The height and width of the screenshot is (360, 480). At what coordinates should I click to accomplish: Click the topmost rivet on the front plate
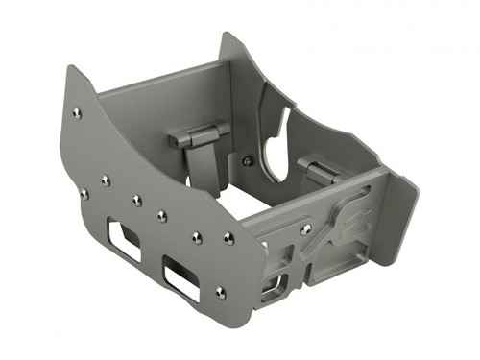(77, 113)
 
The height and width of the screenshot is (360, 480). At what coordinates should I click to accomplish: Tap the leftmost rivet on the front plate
(84, 194)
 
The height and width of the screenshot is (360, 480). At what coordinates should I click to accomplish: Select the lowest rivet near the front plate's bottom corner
(220, 292)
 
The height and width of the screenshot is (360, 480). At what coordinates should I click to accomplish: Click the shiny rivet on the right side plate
(305, 229)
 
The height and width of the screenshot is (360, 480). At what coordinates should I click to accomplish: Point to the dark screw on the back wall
(248, 161)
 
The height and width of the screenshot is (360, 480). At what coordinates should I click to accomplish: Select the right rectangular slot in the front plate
(181, 277)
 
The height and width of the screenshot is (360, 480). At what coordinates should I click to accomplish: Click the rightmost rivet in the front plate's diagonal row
(228, 237)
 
